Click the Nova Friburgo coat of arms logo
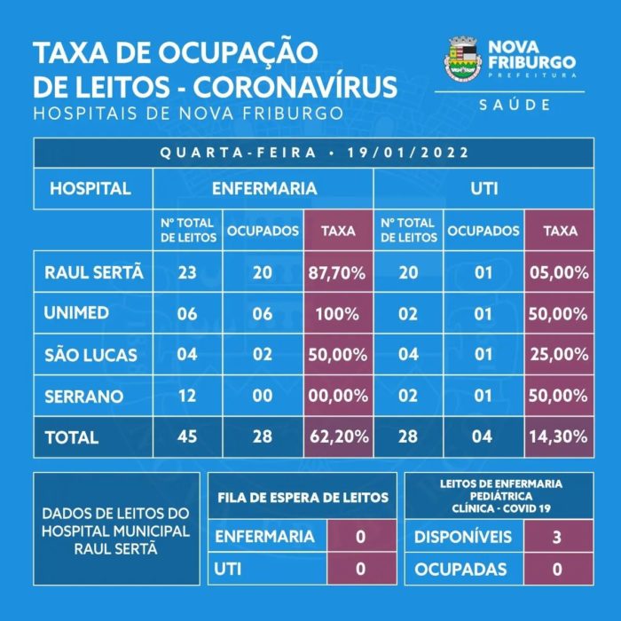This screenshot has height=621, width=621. (x=461, y=59)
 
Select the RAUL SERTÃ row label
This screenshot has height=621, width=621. (x=93, y=273)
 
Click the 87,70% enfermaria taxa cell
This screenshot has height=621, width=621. (x=337, y=273)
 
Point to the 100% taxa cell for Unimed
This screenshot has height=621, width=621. (x=337, y=314)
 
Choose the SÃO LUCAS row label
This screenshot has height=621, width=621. (x=91, y=355)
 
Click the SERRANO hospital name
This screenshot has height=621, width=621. (x=84, y=396)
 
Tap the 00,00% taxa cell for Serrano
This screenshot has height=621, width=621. (x=337, y=396)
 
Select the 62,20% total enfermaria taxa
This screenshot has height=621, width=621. (x=337, y=437)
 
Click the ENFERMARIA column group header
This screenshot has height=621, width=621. (x=263, y=188)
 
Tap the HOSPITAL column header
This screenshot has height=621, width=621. (x=90, y=188)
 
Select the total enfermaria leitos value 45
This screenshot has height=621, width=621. (x=187, y=437)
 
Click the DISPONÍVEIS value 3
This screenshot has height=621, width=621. (x=557, y=537)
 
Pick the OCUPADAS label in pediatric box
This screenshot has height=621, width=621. (x=460, y=569)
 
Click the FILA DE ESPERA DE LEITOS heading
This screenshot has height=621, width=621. (x=303, y=498)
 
